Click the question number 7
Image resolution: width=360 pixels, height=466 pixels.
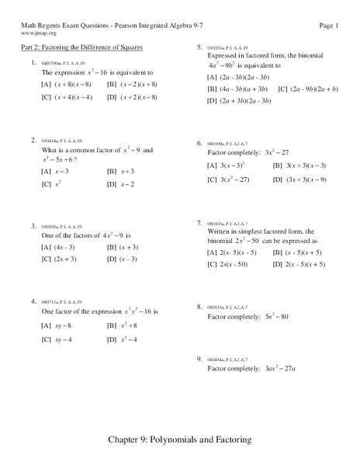pos(199,223)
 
